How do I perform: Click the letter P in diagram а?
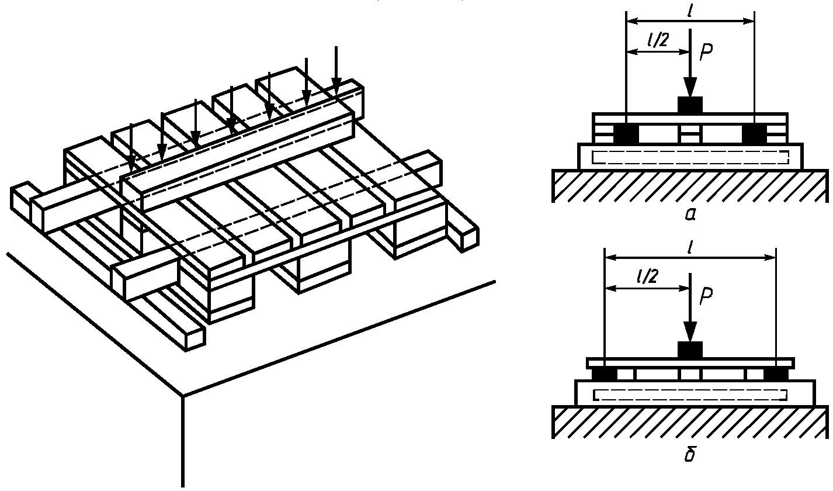click(x=706, y=53)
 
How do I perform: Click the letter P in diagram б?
click(x=706, y=296)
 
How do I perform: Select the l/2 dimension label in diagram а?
click(x=657, y=40)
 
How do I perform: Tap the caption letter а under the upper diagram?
click(x=690, y=215)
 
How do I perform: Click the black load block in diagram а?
click(x=690, y=105)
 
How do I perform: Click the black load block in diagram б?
click(x=690, y=350)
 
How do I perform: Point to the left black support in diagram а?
click(x=626, y=134)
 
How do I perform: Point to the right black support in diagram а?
click(x=755, y=134)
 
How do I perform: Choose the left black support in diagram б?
click(x=604, y=374)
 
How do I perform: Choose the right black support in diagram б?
click(x=775, y=374)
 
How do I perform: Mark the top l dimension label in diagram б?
click(x=690, y=248)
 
